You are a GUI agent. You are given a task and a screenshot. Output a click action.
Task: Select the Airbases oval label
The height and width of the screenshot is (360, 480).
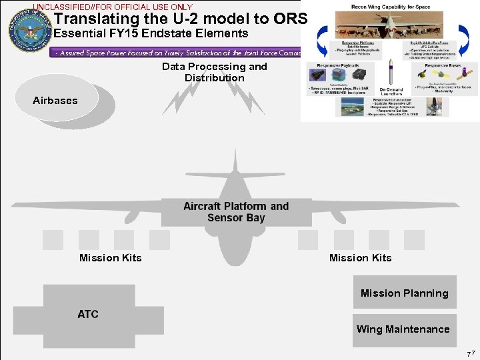[x=55, y=101]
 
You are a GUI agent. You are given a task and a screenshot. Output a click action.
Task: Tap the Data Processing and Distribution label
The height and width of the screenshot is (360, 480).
[x=214, y=72]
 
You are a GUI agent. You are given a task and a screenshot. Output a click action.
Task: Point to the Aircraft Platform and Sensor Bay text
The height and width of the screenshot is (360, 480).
[x=236, y=212]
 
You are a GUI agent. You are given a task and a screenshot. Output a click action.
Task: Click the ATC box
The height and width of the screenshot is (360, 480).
[x=87, y=313]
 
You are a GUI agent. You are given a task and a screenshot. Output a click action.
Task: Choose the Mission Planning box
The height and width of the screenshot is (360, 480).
[x=404, y=293]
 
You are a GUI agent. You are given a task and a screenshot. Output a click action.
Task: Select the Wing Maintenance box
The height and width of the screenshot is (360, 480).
[x=404, y=329]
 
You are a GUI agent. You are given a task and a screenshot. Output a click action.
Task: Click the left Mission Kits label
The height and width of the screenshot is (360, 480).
[x=110, y=257]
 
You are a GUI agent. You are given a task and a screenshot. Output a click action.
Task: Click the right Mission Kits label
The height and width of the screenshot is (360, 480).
[x=360, y=257]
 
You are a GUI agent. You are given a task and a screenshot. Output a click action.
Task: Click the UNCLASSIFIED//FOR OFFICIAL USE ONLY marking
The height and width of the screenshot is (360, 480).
[x=113, y=7]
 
